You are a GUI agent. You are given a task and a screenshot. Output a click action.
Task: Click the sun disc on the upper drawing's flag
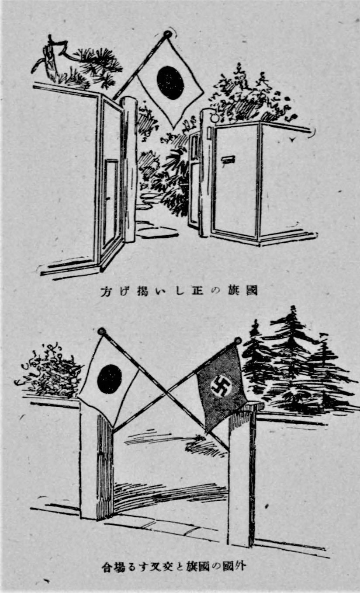click(x=170, y=82)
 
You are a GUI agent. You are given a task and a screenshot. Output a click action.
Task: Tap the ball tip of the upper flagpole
click(x=167, y=34)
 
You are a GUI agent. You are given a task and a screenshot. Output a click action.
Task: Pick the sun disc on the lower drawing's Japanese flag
click(x=109, y=379)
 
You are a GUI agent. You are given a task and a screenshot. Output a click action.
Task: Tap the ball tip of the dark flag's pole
click(x=238, y=340)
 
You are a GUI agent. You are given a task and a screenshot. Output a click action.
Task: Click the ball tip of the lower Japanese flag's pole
click(x=101, y=331)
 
